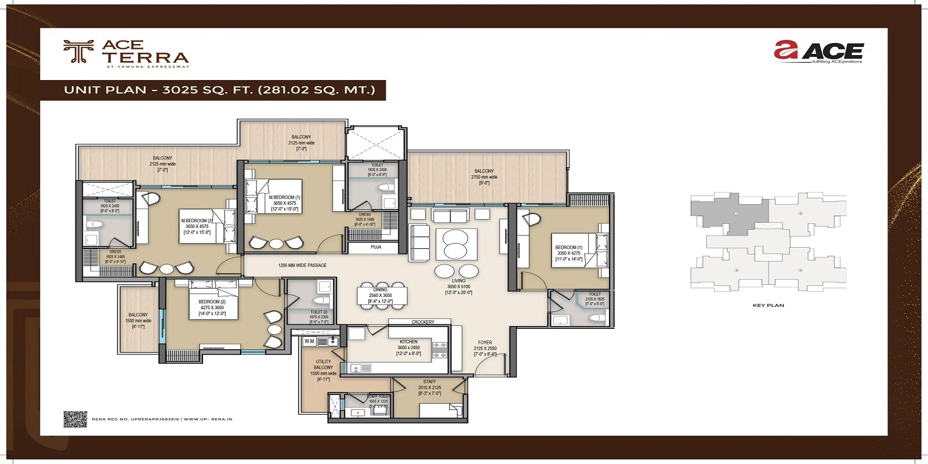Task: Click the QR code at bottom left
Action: coord(75,419)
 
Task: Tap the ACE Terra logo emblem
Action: coord(78,52)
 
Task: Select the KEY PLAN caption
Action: coord(768,305)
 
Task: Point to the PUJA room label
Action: coord(376,247)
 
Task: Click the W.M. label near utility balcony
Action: coord(309,342)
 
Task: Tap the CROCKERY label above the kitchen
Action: coord(422,322)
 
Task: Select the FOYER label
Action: coord(485,343)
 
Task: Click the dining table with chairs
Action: coord(382,295)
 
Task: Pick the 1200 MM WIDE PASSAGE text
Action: coord(302,266)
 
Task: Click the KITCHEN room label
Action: coord(408,342)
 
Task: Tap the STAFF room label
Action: coord(429,382)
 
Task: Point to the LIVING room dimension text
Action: coord(458,287)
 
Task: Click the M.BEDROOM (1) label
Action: coord(284,197)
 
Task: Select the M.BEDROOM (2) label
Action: coord(197,220)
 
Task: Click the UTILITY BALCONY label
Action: coord(323,365)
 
